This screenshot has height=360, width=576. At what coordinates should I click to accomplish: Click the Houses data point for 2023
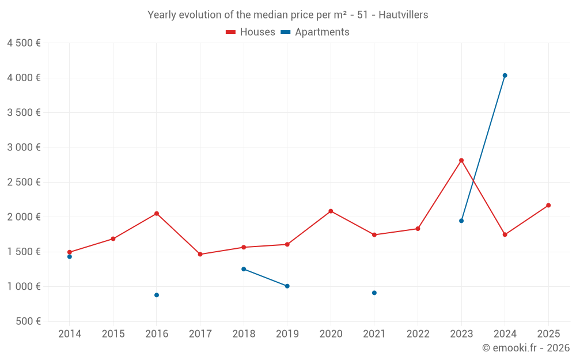(x=461, y=160)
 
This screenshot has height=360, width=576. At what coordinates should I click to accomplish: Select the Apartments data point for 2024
(x=505, y=75)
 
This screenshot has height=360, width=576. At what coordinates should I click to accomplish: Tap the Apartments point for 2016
(x=157, y=295)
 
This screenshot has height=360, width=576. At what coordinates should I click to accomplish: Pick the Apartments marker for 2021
(x=374, y=293)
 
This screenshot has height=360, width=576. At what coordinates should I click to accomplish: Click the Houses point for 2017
(x=200, y=254)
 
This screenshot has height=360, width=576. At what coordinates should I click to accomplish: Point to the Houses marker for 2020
(x=331, y=211)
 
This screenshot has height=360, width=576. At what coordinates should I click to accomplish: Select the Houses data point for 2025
(x=548, y=205)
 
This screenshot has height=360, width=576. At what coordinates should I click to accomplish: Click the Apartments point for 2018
(x=244, y=269)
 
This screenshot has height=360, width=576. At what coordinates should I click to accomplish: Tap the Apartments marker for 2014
(x=70, y=256)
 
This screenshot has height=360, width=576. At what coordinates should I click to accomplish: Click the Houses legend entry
(x=251, y=32)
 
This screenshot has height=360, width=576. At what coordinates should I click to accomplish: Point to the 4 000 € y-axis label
(x=24, y=78)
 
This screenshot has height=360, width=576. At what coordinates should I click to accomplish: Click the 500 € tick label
(x=28, y=321)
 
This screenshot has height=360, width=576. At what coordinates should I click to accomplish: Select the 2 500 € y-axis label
(x=24, y=182)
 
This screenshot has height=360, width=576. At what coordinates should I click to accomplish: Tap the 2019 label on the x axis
(x=287, y=334)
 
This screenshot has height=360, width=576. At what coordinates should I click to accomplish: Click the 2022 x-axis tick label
(x=418, y=334)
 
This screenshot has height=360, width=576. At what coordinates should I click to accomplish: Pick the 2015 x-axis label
(x=113, y=334)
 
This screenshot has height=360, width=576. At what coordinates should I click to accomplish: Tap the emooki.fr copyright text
(x=526, y=348)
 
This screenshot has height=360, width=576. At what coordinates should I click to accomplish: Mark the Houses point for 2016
(x=157, y=214)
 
